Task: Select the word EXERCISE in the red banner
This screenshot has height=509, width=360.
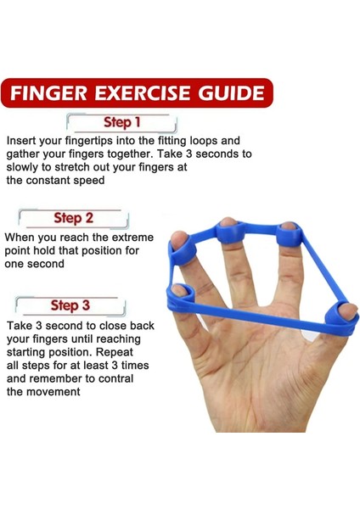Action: [143, 92]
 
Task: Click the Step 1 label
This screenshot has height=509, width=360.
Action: [121, 122]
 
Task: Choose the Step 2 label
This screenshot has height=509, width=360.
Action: [73, 218]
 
